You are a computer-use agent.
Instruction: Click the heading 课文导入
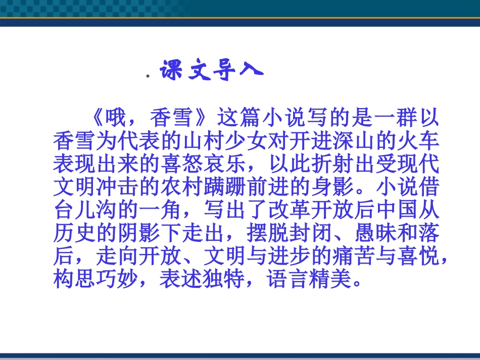pyautogui.click(x=212, y=71)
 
